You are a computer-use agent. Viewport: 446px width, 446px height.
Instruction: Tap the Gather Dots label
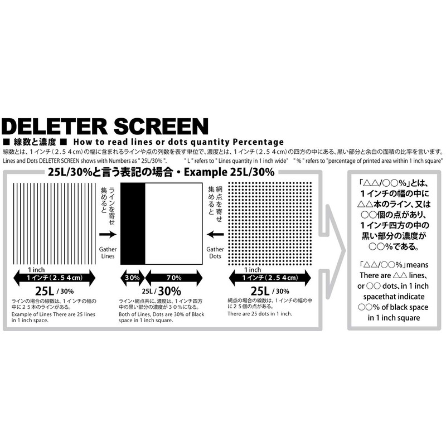click(215, 253)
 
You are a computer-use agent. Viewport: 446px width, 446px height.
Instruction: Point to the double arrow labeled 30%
click(133, 277)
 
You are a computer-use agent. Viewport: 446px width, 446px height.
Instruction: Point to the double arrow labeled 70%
click(172, 277)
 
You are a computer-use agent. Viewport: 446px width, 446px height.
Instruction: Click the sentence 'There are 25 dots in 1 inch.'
click(259, 314)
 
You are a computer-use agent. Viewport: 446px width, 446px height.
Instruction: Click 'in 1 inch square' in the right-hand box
click(394, 318)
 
